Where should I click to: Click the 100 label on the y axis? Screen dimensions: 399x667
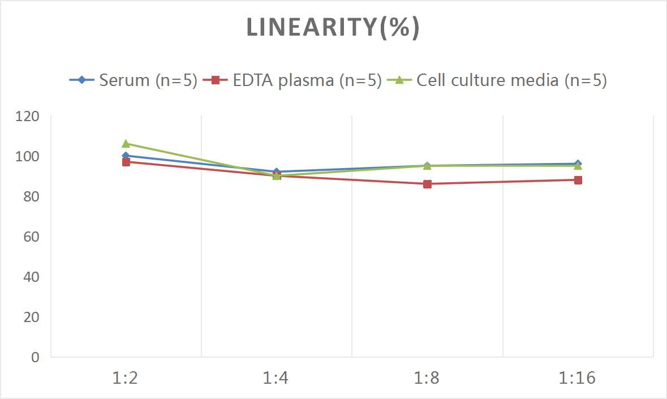click(x=28, y=156)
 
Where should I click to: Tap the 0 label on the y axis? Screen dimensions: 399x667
click(x=35, y=357)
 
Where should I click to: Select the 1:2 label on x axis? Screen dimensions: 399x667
click(x=126, y=378)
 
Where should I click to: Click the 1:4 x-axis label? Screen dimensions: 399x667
click(x=276, y=378)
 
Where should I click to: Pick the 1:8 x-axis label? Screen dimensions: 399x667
click(x=427, y=378)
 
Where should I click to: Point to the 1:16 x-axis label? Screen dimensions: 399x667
click(x=578, y=378)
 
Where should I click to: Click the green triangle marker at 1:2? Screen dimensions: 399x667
click(x=126, y=144)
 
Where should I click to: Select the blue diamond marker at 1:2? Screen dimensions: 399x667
click(x=126, y=156)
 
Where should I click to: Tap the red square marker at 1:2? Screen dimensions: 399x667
click(x=126, y=162)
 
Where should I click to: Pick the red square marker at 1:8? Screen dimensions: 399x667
click(x=427, y=184)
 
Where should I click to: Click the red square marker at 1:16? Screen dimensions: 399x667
click(x=578, y=180)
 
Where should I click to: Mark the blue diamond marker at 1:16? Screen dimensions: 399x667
click(x=578, y=164)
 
